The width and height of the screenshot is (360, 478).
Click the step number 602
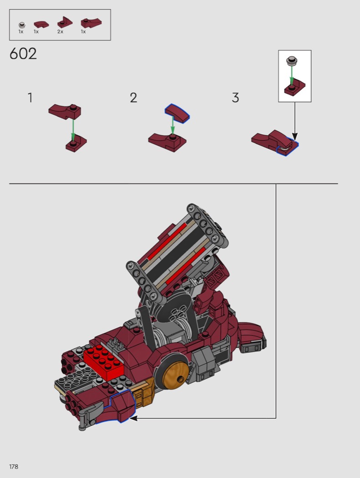pyautogui.click(x=23, y=54)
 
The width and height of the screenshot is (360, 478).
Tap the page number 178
pyautogui.click(x=14, y=467)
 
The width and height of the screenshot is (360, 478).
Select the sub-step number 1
pyautogui.click(x=30, y=98)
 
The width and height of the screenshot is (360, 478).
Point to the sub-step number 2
pyautogui.click(x=134, y=98)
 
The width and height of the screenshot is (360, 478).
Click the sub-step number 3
pyautogui.click(x=235, y=98)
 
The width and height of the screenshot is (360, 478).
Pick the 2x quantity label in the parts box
pyautogui.click(x=60, y=32)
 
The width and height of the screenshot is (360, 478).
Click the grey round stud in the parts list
pyautogui.click(x=22, y=25)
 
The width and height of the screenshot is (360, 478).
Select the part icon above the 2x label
pyautogui.click(x=65, y=22)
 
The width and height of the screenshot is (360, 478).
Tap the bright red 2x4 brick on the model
pyautogui.click(x=104, y=362)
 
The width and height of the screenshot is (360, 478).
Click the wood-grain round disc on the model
pyautogui.click(x=175, y=375)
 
